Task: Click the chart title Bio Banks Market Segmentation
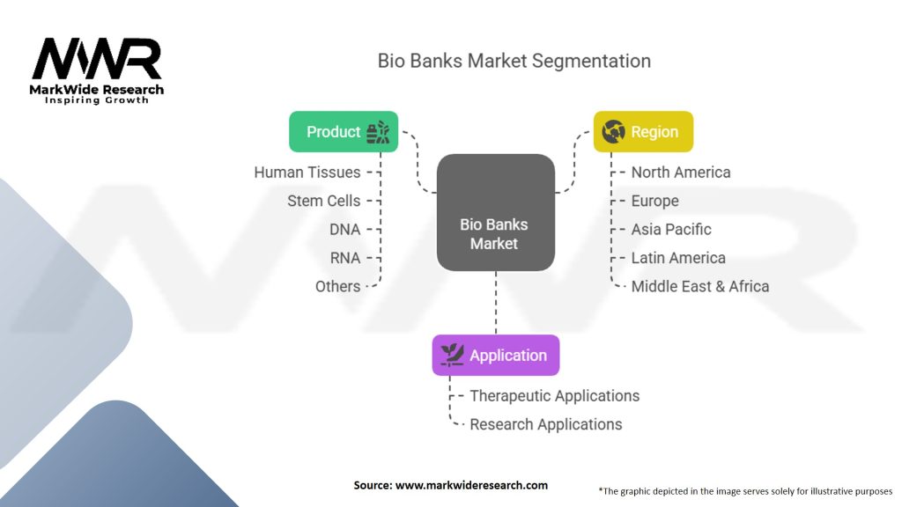tap(514, 62)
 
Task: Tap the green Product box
tap(344, 132)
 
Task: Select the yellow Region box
tap(643, 132)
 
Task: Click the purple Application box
tap(495, 356)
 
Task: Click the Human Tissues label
tap(307, 173)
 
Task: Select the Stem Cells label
tap(324, 201)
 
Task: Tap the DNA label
tap(344, 230)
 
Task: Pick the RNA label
tap(344, 258)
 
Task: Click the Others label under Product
tap(338, 286)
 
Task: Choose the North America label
tap(681, 173)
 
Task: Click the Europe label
tap(655, 201)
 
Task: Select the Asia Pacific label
tap(671, 230)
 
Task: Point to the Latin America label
tap(678, 258)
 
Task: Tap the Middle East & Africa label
tap(700, 286)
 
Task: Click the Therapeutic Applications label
tap(555, 396)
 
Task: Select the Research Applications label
tap(546, 424)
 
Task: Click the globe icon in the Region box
tap(613, 132)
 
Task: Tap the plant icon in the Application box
tap(452, 355)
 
